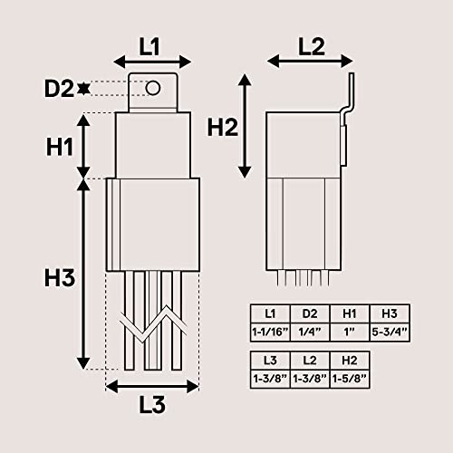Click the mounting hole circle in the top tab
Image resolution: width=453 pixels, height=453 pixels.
(153, 88)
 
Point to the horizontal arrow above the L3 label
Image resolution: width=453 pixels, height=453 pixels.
(152, 387)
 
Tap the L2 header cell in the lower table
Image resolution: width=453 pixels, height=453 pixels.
(310, 360)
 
